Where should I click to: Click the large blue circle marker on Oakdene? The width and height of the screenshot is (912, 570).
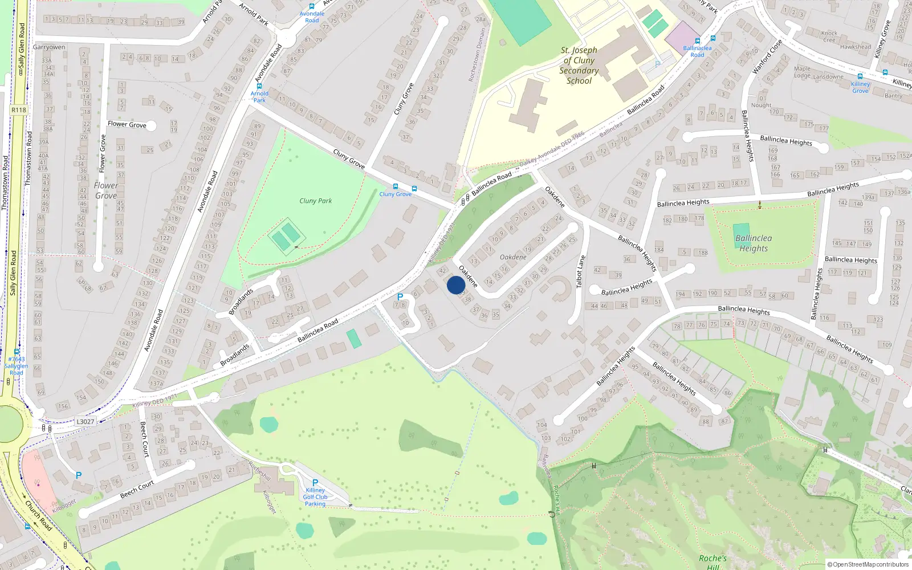pyautogui.click(x=456, y=285)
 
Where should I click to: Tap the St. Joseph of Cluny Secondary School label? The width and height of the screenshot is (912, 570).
pyautogui.click(x=579, y=66)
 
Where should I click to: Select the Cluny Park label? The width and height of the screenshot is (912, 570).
pyautogui.click(x=315, y=201)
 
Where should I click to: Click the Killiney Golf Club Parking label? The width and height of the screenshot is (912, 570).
pyautogui.click(x=315, y=497)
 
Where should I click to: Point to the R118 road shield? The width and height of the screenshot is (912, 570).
pyautogui.click(x=19, y=110)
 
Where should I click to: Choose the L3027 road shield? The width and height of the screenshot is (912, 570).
pyautogui.click(x=85, y=422)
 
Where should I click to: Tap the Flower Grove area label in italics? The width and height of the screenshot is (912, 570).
pyautogui.click(x=106, y=190)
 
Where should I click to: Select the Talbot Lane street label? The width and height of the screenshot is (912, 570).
pyautogui.click(x=581, y=271)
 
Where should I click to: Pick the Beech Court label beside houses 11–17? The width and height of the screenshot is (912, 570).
pyautogui.click(x=137, y=488)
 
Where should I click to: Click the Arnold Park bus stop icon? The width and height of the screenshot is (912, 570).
pyautogui.click(x=259, y=86)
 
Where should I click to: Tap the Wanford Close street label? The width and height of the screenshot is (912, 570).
pyautogui.click(x=767, y=56)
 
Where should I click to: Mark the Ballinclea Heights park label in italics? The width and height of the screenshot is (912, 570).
pyautogui.click(x=754, y=243)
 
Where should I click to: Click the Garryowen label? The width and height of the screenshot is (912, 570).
pyautogui.click(x=49, y=47)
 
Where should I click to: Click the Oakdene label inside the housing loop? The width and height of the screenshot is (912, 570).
pyautogui.click(x=513, y=257)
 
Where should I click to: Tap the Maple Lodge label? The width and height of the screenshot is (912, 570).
pyautogui.click(x=802, y=72)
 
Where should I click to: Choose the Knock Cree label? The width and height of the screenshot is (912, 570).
pyautogui.click(x=829, y=36)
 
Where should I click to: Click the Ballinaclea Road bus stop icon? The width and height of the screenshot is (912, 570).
pyautogui.click(x=712, y=39)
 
